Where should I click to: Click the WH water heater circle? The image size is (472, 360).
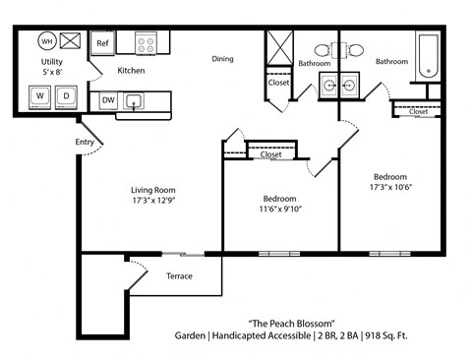[x=46, y=41]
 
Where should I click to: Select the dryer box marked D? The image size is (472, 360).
[x=67, y=95]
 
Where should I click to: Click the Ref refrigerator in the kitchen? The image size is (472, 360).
[x=101, y=43]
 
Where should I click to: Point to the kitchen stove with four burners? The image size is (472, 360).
[x=147, y=43]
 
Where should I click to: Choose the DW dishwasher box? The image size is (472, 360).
[x=107, y=100]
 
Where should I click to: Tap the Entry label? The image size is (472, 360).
[x=85, y=143]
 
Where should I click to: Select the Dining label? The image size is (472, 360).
[x=223, y=59]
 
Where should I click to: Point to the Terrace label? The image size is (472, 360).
[x=179, y=275]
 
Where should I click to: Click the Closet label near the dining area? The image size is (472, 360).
[x=278, y=83]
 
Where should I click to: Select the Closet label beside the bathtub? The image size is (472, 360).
[x=418, y=111]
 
